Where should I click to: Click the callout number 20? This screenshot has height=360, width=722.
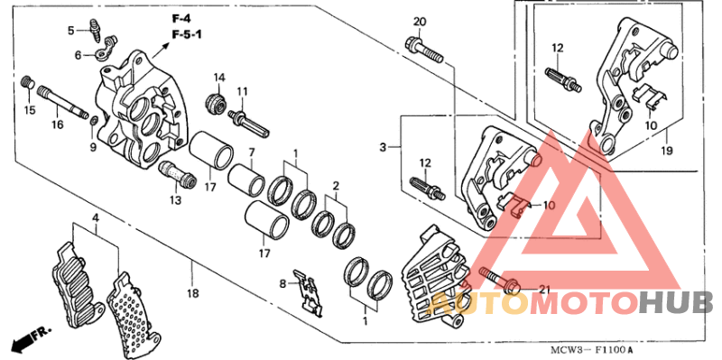tap(419, 22)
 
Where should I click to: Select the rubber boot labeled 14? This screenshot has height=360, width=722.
tap(217, 102)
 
